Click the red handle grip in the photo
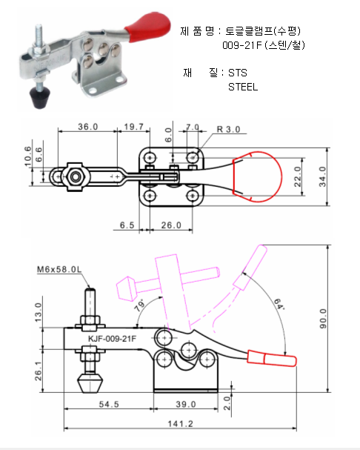pyautogui.click(x=149, y=27)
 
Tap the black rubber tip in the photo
pyautogui.click(x=40, y=97)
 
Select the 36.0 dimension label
pyautogui.click(x=87, y=127)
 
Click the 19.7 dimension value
pyautogui.click(x=133, y=127)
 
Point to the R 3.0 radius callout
pyautogui.click(x=228, y=130)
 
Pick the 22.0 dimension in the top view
pyautogui.click(x=298, y=176)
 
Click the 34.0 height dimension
pyautogui.click(x=323, y=176)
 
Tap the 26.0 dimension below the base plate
pyautogui.click(x=171, y=225)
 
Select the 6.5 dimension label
pyautogui.click(x=127, y=225)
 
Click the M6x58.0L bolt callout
pyautogui.click(x=59, y=270)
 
